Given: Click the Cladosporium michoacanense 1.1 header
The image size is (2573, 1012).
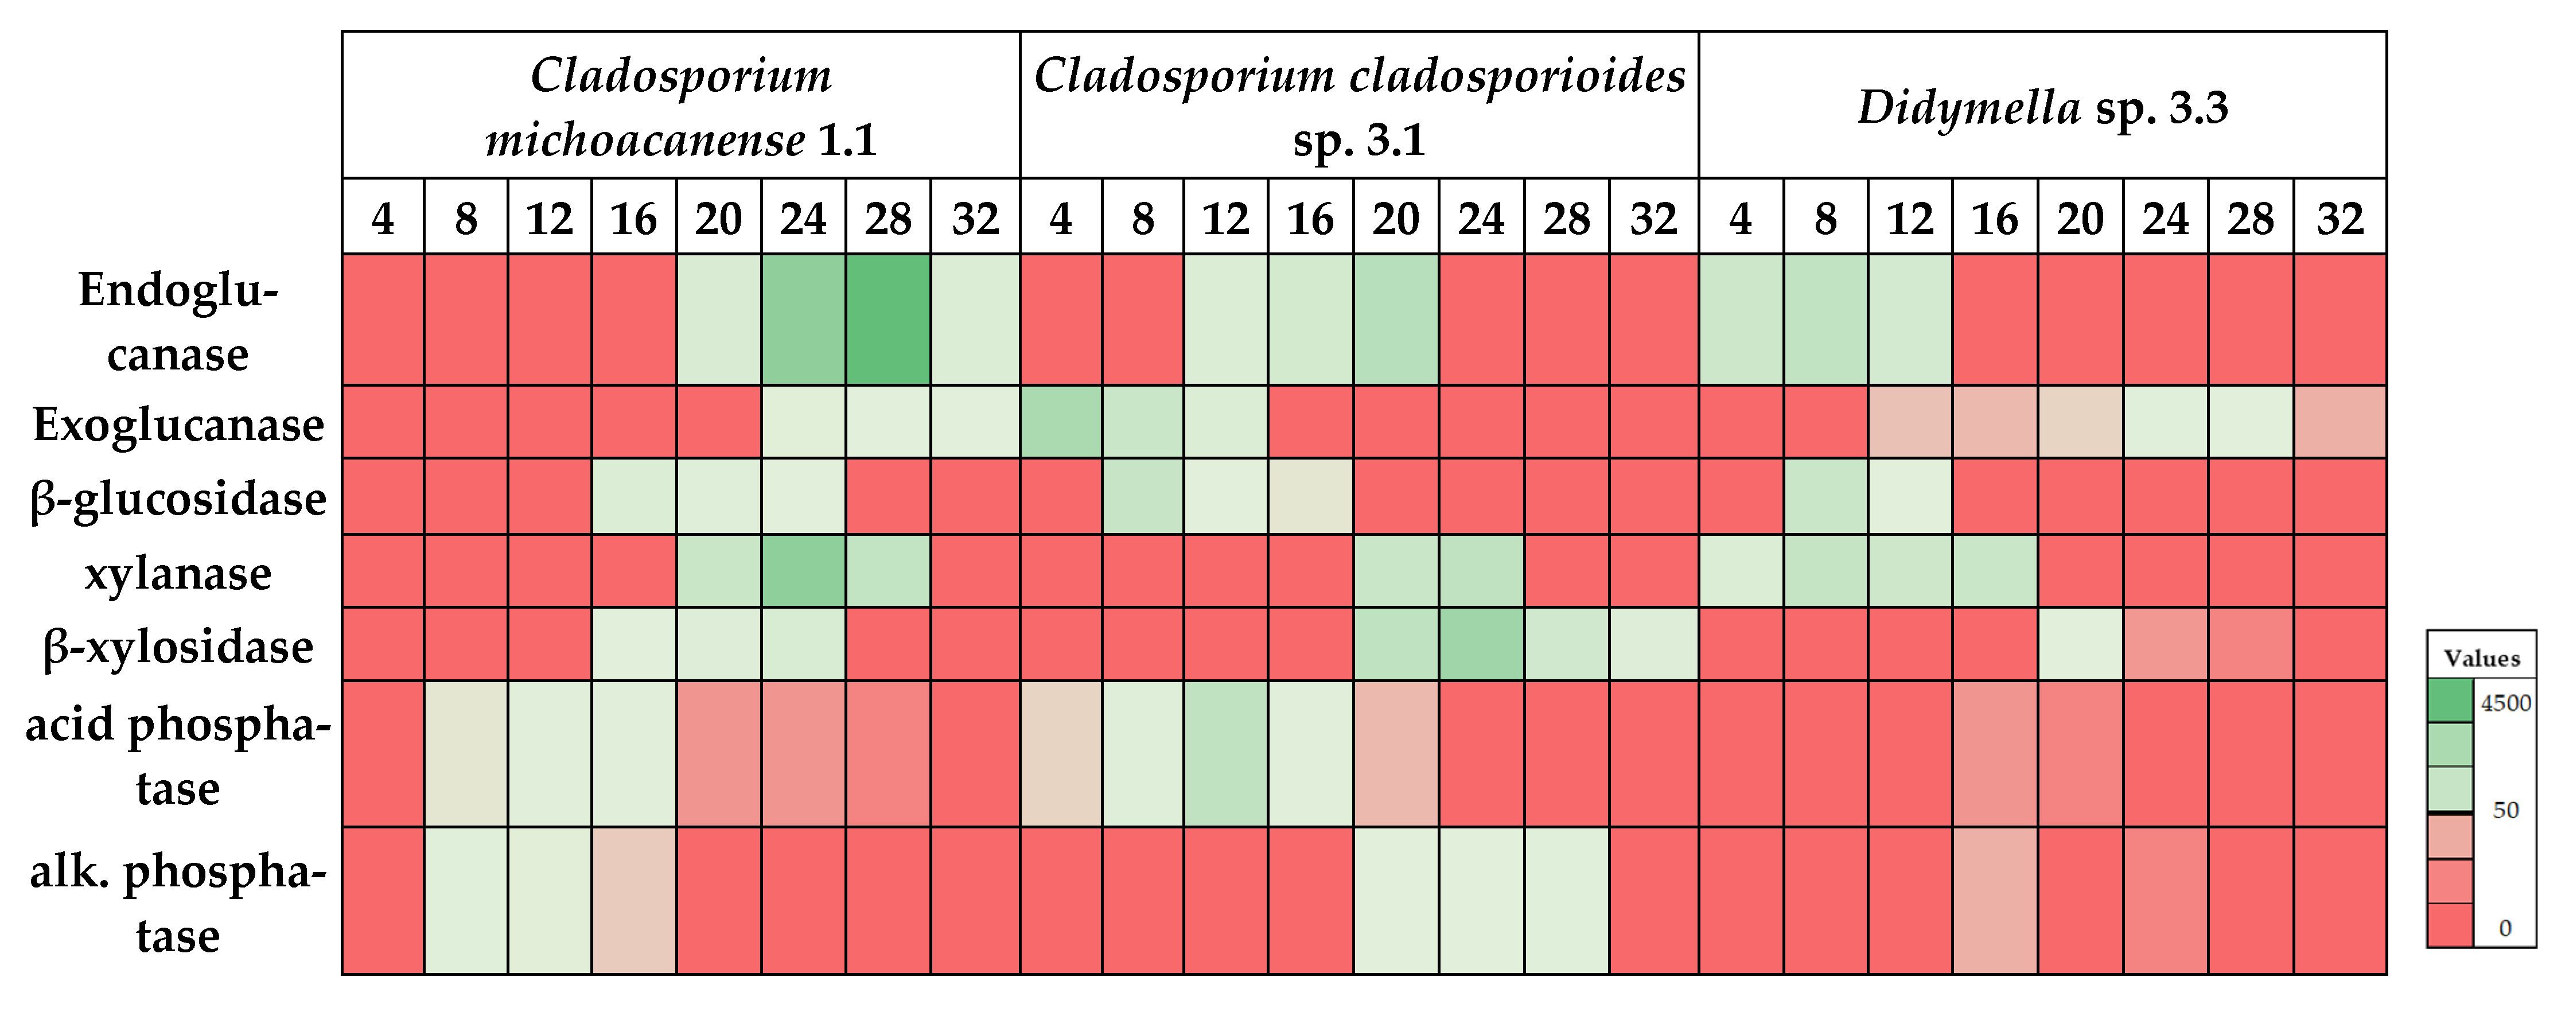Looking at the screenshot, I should pyautogui.click(x=680, y=106).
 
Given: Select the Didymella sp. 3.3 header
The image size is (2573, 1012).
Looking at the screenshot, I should pyautogui.click(x=2042, y=106).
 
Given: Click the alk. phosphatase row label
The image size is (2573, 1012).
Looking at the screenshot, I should pyautogui.click(x=178, y=902).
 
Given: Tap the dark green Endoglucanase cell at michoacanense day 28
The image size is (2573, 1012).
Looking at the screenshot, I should pyautogui.click(x=888, y=320).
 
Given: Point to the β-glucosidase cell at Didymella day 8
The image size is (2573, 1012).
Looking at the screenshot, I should pyautogui.click(x=1825, y=496).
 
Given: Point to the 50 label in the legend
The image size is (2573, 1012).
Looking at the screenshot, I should pyautogui.click(x=2505, y=810).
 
